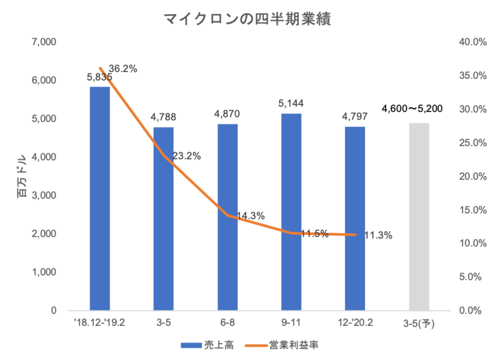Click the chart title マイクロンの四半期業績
tap(247, 19)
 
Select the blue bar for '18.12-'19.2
tap(99, 199)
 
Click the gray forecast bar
tap(419, 216)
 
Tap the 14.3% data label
tap(250, 215)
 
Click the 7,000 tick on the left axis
tap(45, 42)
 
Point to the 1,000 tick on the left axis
tap(45, 272)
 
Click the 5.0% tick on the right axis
tap(471, 277)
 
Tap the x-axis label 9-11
tap(291, 323)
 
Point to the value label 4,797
tap(355, 116)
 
